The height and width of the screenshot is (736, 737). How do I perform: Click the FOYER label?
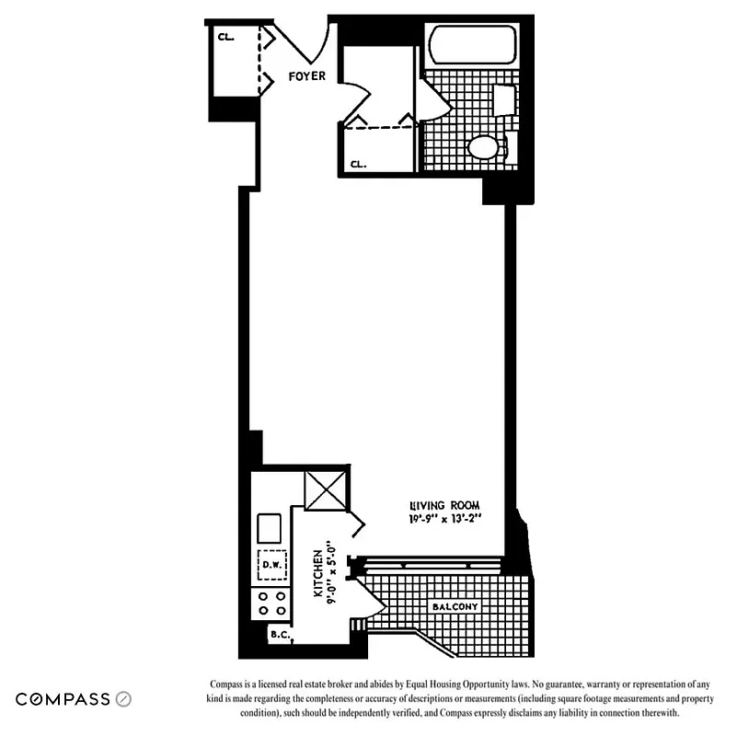click(306, 76)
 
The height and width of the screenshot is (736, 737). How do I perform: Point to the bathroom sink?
click(505, 100)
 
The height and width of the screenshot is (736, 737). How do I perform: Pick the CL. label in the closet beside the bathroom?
click(357, 165)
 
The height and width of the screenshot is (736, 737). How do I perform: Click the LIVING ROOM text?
click(444, 505)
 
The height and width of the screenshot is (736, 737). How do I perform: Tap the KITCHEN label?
click(317, 575)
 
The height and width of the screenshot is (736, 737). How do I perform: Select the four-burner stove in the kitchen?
click(271, 603)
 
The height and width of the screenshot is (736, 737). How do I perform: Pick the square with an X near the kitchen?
click(327, 489)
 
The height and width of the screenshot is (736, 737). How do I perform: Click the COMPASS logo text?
click(63, 699)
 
